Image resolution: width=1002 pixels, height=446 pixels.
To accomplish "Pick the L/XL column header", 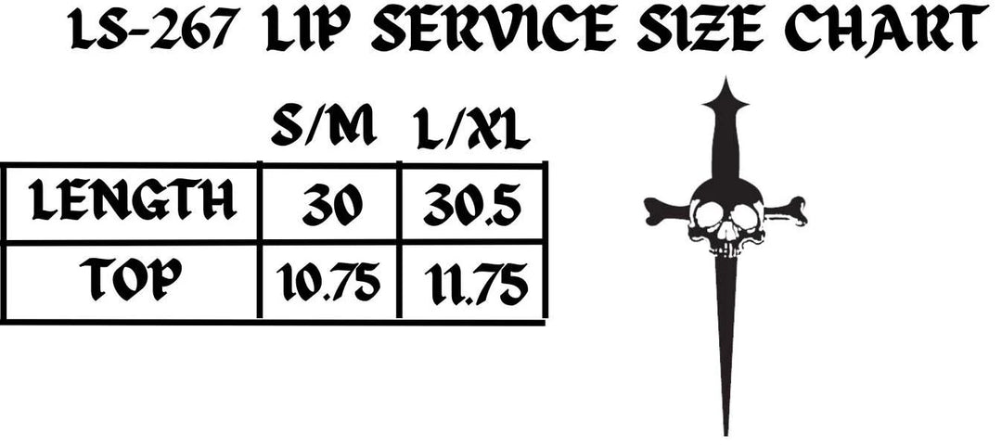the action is pyautogui.click(x=472, y=130).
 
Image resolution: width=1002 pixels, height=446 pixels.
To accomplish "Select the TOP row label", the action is pyautogui.click(x=131, y=280).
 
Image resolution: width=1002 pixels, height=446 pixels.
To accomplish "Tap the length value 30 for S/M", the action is pyautogui.click(x=331, y=205).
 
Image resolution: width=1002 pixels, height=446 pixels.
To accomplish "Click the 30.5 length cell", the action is pyautogui.click(x=472, y=206).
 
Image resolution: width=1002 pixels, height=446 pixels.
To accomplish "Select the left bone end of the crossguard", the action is pyautogui.click(x=658, y=210).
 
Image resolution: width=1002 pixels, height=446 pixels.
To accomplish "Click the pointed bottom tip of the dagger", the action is pyautogui.click(x=726, y=435).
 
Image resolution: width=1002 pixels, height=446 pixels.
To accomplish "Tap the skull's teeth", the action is pyautogui.click(x=727, y=248).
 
